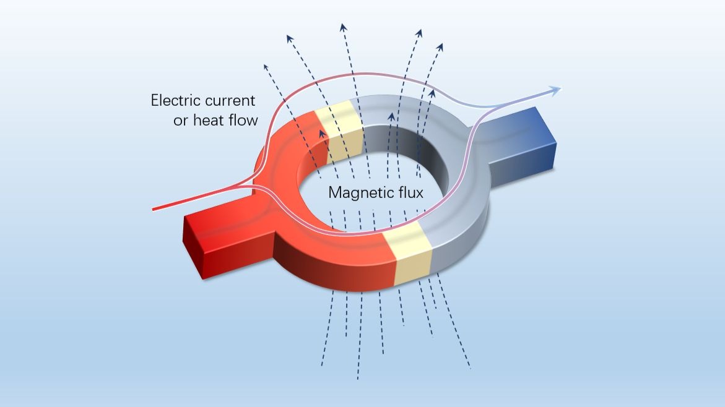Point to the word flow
coord(245,120)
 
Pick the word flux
coord(407,192)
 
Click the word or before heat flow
coord(180,121)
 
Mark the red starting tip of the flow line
coord(154,209)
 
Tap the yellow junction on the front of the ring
coord(408,257)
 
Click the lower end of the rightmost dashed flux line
coord(471,367)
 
